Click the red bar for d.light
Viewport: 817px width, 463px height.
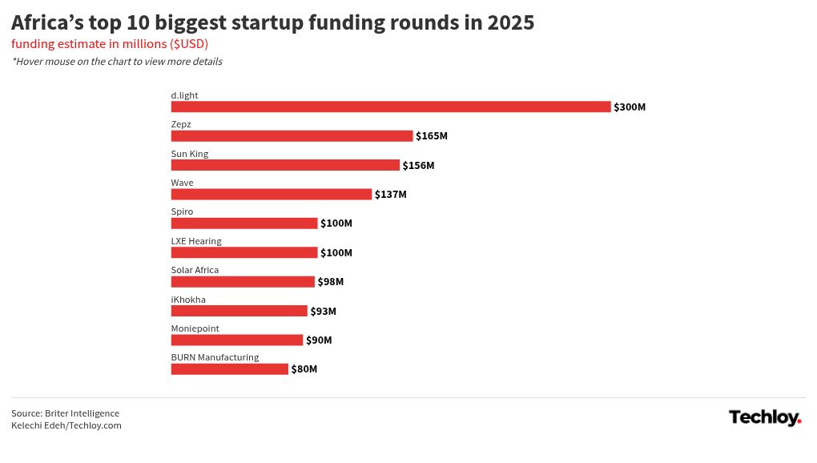click(390, 107)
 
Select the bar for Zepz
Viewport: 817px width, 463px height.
click(292, 136)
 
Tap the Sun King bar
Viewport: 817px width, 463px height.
click(285, 165)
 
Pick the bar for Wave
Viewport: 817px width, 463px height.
click(272, 195)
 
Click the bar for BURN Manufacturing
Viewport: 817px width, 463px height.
click(229, 369)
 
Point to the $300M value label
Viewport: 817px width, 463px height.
click(630, 107)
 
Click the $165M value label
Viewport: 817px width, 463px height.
click(432, 136)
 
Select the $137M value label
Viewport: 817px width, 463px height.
click(391, 195)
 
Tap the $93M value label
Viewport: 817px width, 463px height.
click(324, 311)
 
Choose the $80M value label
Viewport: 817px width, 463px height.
click(304, 369)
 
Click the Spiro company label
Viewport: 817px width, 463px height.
click(182, 211)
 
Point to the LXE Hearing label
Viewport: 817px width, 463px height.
click(196, 241)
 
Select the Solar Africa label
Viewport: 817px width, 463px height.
click(195, 270)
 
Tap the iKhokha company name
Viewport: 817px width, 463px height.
click(188, 300)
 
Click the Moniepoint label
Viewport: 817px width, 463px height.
click(195, 328)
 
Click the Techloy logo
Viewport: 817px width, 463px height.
click(765, 417)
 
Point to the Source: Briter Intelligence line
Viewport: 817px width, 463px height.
click(65, 413)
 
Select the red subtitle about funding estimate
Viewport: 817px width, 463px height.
click(110, 43)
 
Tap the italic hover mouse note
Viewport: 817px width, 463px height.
click(117, 62)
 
